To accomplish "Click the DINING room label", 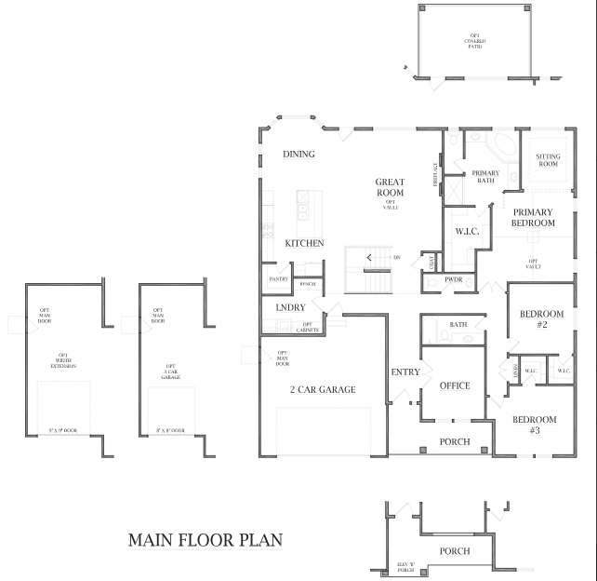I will click(298, 155).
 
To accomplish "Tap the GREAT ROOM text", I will click(390, 187).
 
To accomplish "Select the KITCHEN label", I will click(304, 243).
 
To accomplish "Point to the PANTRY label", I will click(278, 279).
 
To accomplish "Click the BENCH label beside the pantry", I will click(307, 283).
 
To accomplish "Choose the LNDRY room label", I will click(291, 307).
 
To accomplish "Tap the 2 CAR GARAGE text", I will click(323, 389).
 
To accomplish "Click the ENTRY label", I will click(405, 372).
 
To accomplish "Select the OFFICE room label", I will click(455, 385).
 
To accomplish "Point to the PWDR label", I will click(454, 279).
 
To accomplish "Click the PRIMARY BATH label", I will click(485, 177).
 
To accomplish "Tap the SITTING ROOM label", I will click(549, 160).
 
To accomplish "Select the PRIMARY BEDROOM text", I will click(533, 218).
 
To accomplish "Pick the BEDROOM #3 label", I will click(535, 425).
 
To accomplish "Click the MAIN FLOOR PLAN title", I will click(205, 539).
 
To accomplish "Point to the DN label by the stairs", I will click(397, 258).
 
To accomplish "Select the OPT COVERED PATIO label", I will click(475, 41).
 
